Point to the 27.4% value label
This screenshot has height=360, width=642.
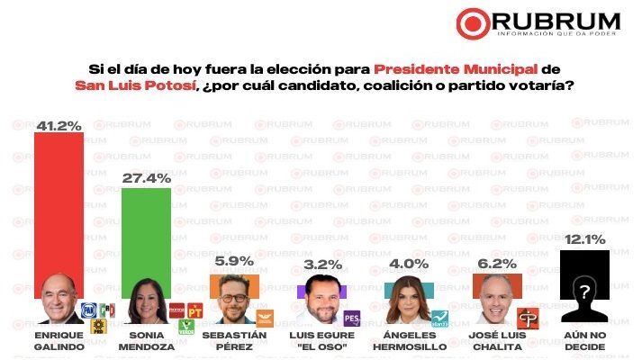[x=145, y=179]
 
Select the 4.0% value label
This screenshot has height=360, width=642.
[x=408, y=265]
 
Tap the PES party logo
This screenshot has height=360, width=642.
[x=351, y=317]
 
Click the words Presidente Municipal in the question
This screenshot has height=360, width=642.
[x=447, y=68]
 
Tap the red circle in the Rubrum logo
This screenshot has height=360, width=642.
[x=474, y=21]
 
